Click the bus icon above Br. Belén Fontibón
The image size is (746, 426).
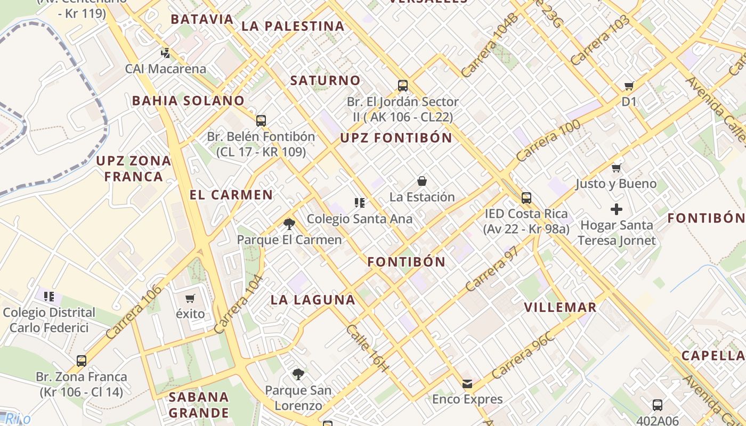(x=261, y=121)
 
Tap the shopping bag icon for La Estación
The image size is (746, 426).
(x=421, y=182)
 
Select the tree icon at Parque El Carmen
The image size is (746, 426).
(x=289, y=224)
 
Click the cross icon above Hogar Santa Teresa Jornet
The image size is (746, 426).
(x=617, y=209)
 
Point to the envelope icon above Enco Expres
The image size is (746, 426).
(x=467, y=383)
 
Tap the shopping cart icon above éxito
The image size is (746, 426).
(x=190, y=298)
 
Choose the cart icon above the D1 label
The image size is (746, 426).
(x=629, y=86)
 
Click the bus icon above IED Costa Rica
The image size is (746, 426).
(x=526, y=198)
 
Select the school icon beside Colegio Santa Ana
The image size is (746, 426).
(x=360, y=202)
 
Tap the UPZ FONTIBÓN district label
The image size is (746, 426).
(x=396, y=138)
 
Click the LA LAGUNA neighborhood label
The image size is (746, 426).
(x=313, y=300)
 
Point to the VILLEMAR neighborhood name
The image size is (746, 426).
(x=560, y=307)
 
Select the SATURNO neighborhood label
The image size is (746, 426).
(x=325, y=80)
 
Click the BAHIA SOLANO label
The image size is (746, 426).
(x=188, y=101)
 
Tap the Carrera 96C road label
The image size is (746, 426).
(x=523, y=355)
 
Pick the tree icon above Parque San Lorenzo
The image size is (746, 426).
(x=298, y=374)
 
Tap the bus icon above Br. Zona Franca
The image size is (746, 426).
(x=82, y=361)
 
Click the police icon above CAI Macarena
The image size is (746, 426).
(x=166, y=53)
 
